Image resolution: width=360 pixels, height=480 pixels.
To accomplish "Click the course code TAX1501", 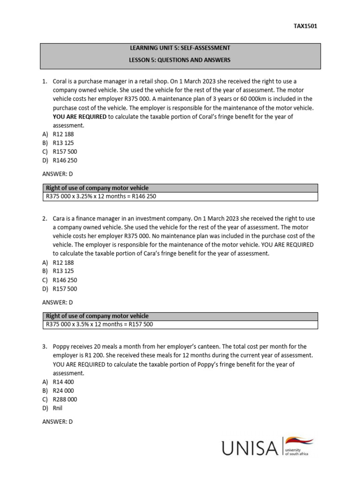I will pos(305,26).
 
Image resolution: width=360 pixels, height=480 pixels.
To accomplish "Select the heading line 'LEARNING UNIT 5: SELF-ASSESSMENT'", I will pos(180,48).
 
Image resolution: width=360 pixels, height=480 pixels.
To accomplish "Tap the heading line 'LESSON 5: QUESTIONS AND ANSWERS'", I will pos(180,60).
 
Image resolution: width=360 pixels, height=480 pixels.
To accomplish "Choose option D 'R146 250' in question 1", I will pos(65,160).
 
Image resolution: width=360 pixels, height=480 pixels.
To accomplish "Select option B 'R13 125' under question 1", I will pos(63,142).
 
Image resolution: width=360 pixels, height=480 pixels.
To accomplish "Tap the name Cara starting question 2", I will pos(60,218).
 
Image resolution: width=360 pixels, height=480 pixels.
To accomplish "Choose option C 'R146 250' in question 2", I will pos(65,280).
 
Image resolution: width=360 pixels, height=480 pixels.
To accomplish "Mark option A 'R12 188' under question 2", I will pos(63,262).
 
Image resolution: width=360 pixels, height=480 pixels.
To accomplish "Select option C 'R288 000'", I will pos(65,399).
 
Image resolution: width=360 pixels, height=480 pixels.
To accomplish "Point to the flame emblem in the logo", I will pos(300,442).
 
